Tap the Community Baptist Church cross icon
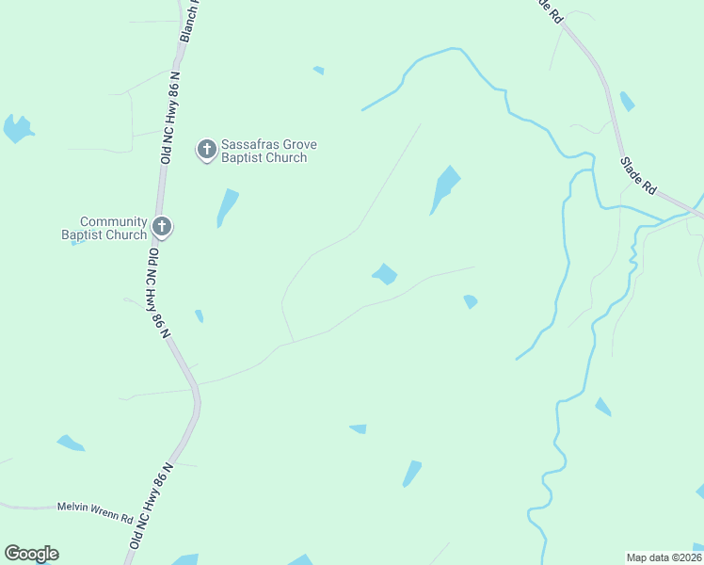(162, 226)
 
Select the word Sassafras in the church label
(249, 145)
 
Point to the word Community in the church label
(113, 221)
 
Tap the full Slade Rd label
(637, 175)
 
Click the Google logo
(31, 554)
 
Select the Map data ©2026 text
(664, 557)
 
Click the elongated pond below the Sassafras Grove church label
(227, 205)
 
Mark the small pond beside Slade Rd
(627, 101)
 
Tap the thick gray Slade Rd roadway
(602, 80)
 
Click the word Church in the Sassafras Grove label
(286, 158)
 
